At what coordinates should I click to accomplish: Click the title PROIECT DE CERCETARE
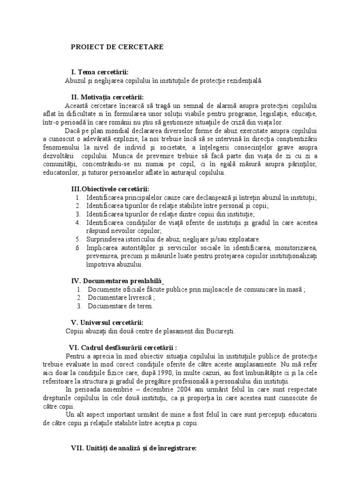(117, 47)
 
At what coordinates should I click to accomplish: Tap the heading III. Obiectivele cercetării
(110, 189)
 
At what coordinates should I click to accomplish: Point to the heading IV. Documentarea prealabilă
(117, 281)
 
